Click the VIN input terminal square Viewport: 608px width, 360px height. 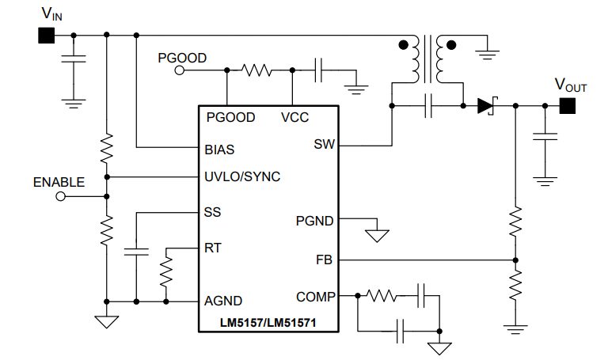[x=45, y=36]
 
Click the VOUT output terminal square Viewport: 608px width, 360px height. [x=567, y=105]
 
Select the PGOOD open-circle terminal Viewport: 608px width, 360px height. [x=180, y=70]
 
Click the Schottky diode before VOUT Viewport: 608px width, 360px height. [x=484, y=105]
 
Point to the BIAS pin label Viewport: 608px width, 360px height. [x=219, y=148]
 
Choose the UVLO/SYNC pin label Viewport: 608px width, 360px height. [x=242, y=176]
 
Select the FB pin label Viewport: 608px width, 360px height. [x=325, y=260]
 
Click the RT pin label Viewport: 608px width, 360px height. [x=213, y=248]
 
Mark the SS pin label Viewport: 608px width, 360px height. [x=213, y=212]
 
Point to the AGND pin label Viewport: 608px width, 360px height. [x=223, y=301]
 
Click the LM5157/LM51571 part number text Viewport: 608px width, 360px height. [x=268, y=322]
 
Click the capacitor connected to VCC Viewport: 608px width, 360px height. [x=319, y=70]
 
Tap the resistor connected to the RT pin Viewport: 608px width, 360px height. [x=166, y=273]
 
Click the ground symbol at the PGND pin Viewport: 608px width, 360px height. [x=377, y=235]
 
